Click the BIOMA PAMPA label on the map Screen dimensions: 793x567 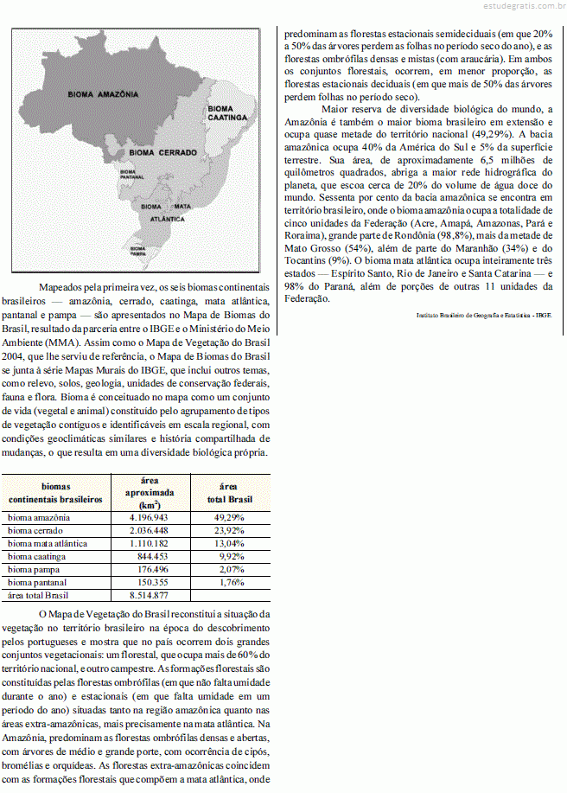137,251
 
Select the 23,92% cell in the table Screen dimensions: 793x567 228,530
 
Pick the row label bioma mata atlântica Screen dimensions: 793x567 48,543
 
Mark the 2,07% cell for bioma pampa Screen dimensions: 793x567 228,569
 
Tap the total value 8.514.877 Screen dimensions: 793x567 148,595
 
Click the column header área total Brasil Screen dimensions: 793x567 228,493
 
